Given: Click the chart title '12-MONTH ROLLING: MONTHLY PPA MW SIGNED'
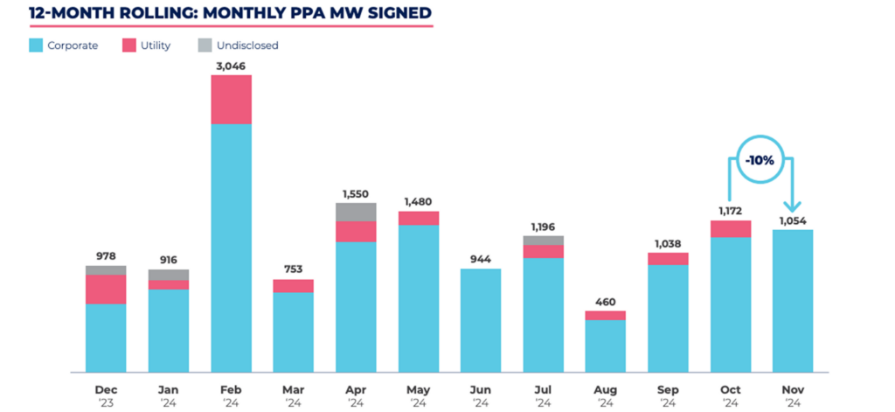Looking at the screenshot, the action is pos(231,12).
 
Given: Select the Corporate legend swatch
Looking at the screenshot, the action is pos(35,45).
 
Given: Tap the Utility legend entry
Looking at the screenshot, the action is pos(146,45).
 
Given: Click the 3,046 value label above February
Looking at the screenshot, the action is pos(231,66).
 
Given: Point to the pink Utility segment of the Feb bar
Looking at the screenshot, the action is pos(231,100).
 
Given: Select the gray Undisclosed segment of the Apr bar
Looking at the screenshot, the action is pos(357,212).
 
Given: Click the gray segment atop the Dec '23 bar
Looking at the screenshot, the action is pos(106,270).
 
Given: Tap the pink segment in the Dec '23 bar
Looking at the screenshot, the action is pos(106,290).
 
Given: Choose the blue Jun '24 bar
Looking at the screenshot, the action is pos(482,320).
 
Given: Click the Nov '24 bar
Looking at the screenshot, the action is pos(793,301).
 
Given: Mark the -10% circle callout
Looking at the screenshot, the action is pos(760,161).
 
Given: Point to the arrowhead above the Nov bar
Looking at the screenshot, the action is pos(793,206).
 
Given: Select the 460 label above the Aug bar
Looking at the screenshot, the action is pos(607,302).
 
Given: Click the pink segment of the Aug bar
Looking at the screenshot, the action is pos(607,316).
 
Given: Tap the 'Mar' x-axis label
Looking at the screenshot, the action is pos(294,390).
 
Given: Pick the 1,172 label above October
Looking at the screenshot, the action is pos(731,212).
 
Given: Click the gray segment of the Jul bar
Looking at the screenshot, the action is pos(544,241).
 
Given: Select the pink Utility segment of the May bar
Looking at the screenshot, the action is pos(419,219).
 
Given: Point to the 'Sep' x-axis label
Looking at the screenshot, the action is pos(669,390).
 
